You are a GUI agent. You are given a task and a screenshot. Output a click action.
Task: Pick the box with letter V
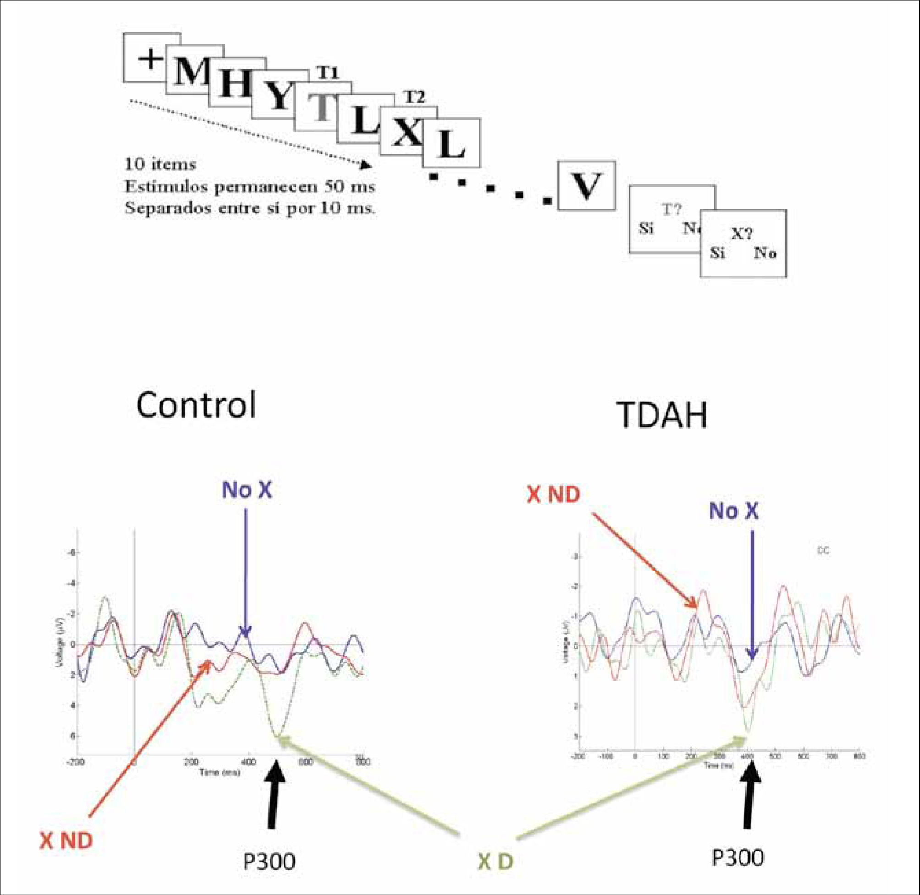pyautogui.click(x=586, y=186)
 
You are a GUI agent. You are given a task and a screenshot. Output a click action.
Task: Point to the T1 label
pyautogui.click(x=327, y=72)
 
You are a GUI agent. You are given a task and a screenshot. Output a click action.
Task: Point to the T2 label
pyautogui.click(x=414, y=98)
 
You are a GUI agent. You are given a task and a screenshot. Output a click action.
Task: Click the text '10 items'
pyautogui.click(x=160, y=165)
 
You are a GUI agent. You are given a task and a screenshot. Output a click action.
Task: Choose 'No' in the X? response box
pyautogui.click(x=765, y=253)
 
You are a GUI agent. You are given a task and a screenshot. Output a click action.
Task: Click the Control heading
pyautogui.click(x=196, y=405)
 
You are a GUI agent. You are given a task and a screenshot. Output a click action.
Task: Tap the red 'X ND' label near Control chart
pyautogui.click(x=66, y=841)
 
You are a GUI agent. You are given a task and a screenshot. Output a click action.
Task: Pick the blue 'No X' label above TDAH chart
pyautogui.click(x=734, y=510)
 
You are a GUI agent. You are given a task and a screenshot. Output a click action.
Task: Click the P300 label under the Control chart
pyautogui.click(x=269, y=861)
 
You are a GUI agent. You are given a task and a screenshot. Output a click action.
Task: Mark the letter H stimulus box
pyautogui.click(x=234, y=85)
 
